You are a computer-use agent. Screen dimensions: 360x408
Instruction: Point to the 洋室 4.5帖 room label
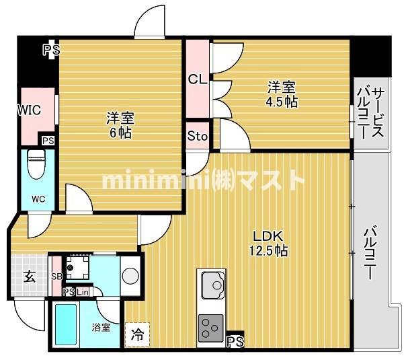pyautogui.click(x=282, y=94)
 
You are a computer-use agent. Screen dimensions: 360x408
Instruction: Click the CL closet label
pyautogui.click(x=197, y=80)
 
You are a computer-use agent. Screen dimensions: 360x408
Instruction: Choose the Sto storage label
pyautogui.click(x=198, y=137)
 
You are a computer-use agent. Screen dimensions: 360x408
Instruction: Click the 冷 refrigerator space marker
pyautogui.click(x=136, y=334)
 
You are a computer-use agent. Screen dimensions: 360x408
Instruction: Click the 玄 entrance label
pyautogui.click(x=30, y=276)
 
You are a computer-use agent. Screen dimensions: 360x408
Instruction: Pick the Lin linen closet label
pyautogui.click(x=82, y=291)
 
